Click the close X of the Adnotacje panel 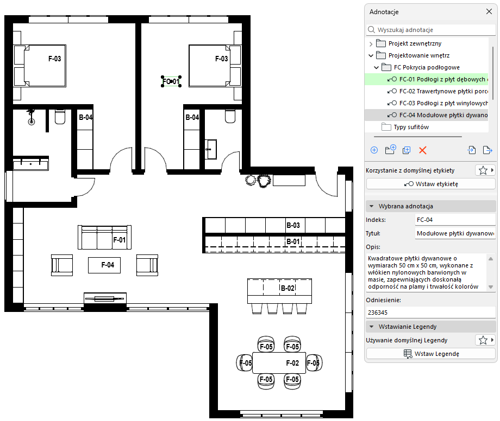489,12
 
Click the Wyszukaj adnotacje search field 430,30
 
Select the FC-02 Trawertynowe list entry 437,91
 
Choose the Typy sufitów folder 411,127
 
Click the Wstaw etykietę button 430,184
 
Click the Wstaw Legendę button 430,354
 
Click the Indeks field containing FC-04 455,220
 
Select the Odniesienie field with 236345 430,312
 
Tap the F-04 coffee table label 108,265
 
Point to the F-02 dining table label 292,363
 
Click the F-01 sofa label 120,240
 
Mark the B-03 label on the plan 293,225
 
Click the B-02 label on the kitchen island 287,288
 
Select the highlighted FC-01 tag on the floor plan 171,81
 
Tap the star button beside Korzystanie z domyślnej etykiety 483,170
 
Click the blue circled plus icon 374,150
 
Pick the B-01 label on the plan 293,241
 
